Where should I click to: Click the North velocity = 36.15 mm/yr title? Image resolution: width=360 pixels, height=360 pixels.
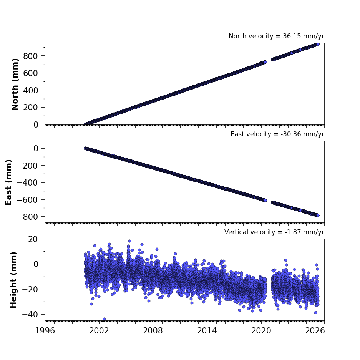276,36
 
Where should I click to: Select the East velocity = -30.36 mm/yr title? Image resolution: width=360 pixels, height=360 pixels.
277,134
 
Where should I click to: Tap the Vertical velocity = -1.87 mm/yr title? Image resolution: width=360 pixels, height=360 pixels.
274,232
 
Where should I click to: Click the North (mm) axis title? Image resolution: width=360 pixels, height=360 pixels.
15,84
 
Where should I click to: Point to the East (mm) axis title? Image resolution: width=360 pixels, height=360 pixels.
8,182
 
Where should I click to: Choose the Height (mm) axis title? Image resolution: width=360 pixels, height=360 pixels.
13,280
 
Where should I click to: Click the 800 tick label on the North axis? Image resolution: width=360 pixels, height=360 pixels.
30,56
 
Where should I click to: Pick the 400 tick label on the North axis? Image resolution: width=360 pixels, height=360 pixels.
30,90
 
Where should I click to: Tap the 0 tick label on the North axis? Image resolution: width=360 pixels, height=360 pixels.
36,124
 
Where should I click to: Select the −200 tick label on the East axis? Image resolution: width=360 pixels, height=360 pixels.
27,166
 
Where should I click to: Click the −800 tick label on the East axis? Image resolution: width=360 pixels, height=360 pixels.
27,217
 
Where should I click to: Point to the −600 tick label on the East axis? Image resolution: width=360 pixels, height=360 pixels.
27,200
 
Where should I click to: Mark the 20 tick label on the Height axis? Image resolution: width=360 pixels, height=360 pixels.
33,239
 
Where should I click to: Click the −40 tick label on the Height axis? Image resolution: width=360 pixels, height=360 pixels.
30,314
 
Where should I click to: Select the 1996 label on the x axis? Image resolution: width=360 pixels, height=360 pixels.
45,331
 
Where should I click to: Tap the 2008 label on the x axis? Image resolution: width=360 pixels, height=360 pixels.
153,331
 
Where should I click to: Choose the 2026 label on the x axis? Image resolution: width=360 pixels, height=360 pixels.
315,331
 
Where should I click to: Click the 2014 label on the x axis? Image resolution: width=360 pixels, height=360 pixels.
207,331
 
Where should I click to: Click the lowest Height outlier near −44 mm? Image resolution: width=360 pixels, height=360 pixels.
104,319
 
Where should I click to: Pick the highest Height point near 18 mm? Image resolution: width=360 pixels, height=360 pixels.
130,241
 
